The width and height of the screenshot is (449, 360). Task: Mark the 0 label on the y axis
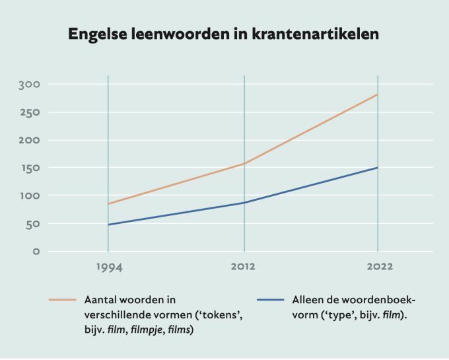[x=36, y=252]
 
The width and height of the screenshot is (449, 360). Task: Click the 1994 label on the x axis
[x=108, y=267]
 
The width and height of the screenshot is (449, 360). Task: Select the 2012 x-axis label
[x=244, y=267]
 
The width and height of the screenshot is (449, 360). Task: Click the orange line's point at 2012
[x=244, y=164]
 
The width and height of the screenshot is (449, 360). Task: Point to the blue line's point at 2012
[x=244, y=203]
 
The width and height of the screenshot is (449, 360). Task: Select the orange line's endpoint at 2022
[x=378, y=94]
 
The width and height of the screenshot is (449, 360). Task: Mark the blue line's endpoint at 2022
[x=378, y=168]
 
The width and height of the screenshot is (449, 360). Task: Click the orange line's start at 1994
[x=108, y=204]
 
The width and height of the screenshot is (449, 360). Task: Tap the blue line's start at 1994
[x=108, y=225]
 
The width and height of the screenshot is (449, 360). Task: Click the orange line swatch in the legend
[x=63, y=299]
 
